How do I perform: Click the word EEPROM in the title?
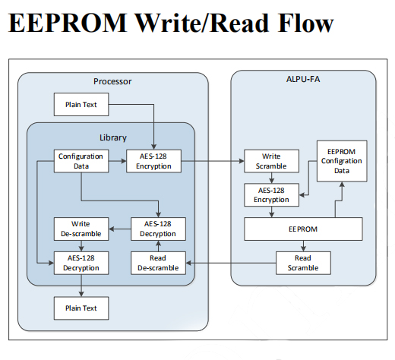coord(68,23)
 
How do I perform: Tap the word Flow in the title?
coord(305,23)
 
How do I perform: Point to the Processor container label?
coord(112,81)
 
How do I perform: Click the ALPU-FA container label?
coord(303,79)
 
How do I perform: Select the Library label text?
coord(113,137)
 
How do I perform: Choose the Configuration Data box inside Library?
coord(81,161)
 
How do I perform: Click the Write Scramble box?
coord(271,161)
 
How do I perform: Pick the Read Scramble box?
coord(303,263)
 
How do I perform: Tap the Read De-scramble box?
coord(158,263)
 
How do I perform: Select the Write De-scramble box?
coord(81,229)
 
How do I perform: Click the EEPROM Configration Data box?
coord(342,161)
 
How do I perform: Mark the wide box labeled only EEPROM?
coord(303,229)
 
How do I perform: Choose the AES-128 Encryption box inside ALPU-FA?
coord(271,195)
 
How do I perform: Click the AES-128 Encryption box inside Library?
coord(153,161)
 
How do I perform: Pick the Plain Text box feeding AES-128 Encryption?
coord(81,104)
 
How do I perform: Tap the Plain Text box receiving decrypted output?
coord(81,308)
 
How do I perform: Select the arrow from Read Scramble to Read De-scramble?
coord(231,263)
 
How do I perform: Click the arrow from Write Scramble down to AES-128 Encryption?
coord(271,178)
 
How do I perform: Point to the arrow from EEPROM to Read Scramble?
coord(303,246)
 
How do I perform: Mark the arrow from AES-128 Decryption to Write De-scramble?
coord(120,229)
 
